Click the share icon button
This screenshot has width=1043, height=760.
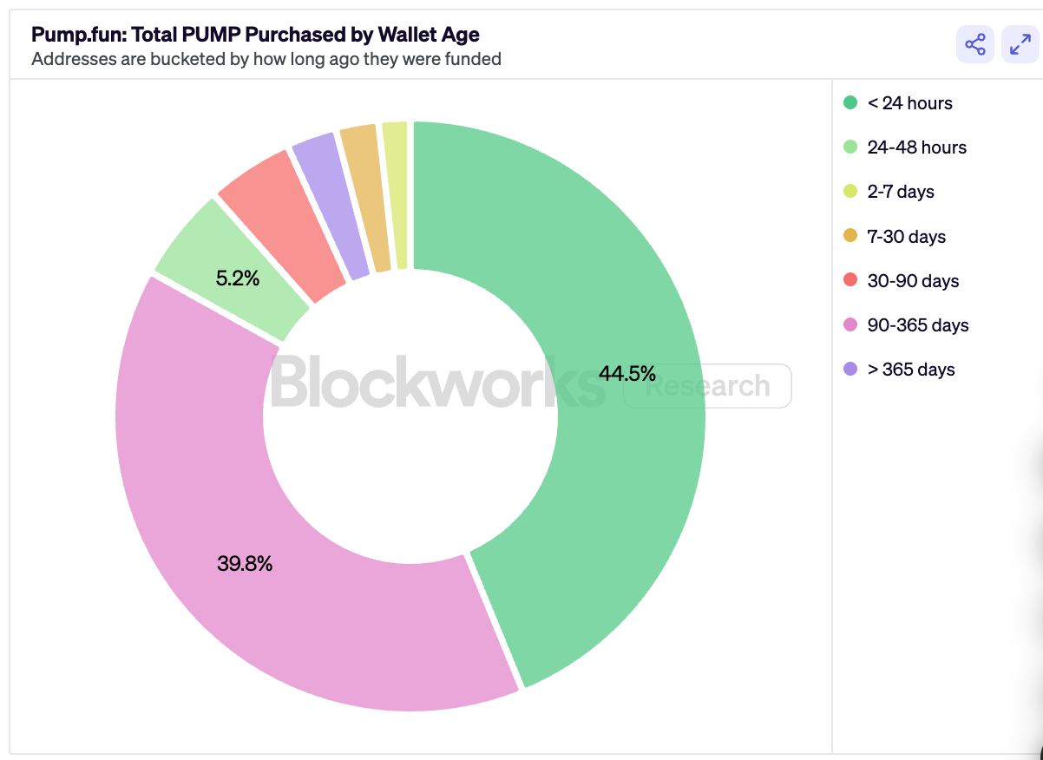tap(975, 44)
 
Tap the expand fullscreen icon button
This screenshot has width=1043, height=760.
tap(1020, 44)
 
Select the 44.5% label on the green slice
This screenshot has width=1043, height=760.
tap(626, 374)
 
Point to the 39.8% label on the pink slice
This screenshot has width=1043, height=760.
tap(245, 564)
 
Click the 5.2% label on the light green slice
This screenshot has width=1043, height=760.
tap(238, 279)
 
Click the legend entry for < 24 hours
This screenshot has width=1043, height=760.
tap(909, 103)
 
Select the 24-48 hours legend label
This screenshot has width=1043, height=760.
tap(916, 147)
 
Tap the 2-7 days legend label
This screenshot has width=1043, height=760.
tap(901, 192)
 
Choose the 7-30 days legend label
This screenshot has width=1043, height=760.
tap(906, 237)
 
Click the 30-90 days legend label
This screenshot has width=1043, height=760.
tap(913, 281)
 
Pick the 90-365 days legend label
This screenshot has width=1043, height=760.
tap(918, 325)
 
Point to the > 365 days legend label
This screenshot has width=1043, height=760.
tap(911, 370)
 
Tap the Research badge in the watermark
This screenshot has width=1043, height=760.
tap(708, 386)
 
